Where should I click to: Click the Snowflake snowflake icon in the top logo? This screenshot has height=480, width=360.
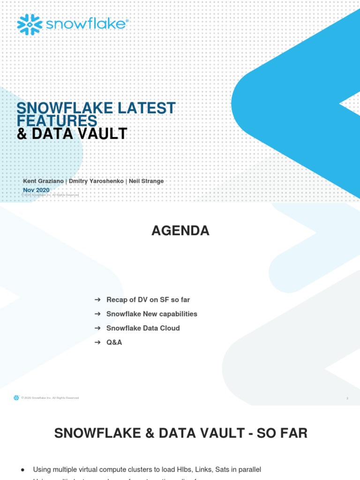point(30,24)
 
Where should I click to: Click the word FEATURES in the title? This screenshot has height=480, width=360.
point(57,120)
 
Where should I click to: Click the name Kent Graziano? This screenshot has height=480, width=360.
point(43,181)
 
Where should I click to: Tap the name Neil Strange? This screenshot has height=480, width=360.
point(146,181)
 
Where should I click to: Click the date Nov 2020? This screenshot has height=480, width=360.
point(36,190)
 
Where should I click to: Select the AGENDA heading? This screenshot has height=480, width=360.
point(180,231)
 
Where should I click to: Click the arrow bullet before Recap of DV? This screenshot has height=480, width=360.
point(97,300)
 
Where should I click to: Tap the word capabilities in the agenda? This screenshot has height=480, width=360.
point(176,314)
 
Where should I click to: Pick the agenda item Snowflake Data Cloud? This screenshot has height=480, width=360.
point(143,328)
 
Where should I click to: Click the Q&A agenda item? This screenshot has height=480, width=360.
point(114,342)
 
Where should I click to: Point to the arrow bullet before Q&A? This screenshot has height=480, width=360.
point(97,342)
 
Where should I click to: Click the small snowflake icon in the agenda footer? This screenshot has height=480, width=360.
point(16,398)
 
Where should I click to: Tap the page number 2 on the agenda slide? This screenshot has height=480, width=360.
point(347,398)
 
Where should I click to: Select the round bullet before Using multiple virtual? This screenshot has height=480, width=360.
point(23,470)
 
